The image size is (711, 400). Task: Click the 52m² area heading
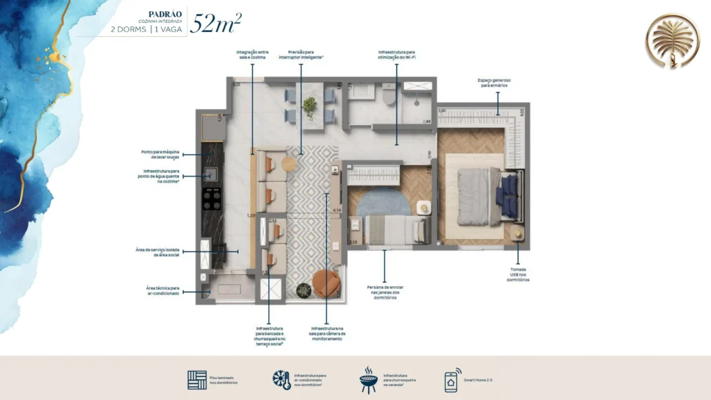click(x=216, y=23)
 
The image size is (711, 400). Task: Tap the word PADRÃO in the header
click(x=165, y=14)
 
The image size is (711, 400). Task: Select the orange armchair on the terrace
click(x=325, y=283)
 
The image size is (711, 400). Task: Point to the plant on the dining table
click(x=310, y=106)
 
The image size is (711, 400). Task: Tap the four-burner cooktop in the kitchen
click(x=210, y=199)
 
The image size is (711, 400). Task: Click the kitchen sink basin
click(x=209, y=176)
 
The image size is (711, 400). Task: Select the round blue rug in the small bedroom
click(x=378, y=203)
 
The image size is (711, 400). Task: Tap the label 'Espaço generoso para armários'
click(x=494, y=83)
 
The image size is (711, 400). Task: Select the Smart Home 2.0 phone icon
click(x=451, y=381)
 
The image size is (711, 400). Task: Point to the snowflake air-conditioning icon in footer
click(x=281, y=380)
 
